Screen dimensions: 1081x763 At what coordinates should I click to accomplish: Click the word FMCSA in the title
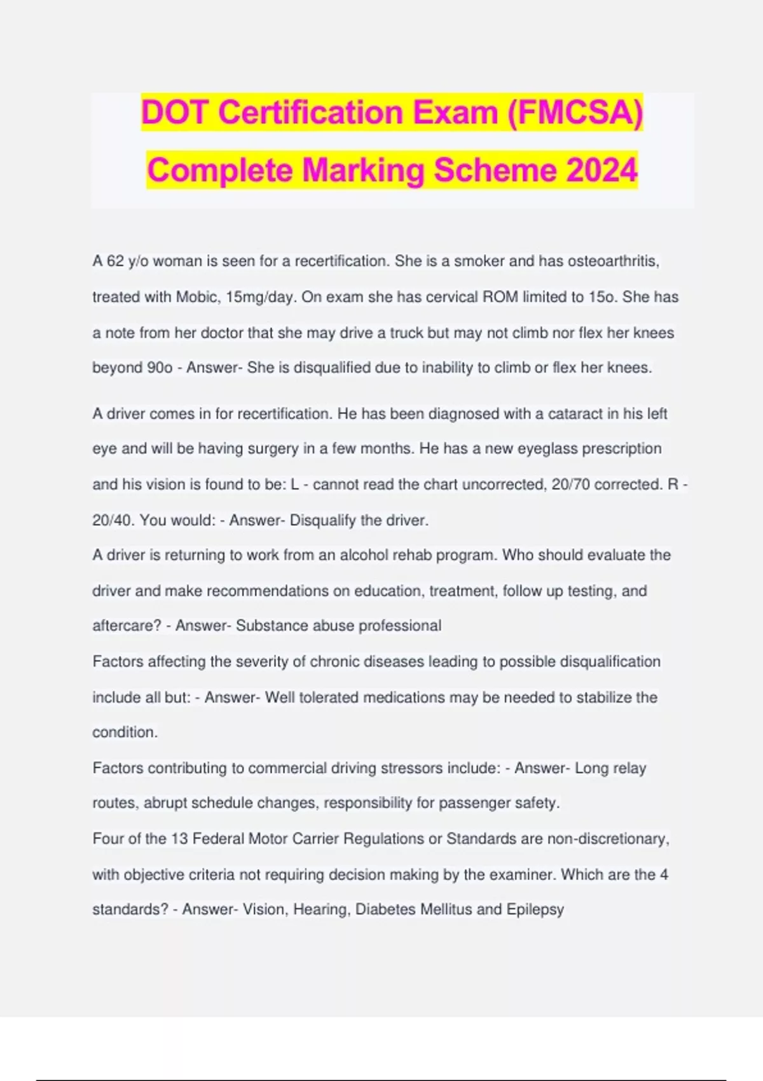pos(575,113)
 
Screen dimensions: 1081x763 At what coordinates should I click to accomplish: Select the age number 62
pos(115,261)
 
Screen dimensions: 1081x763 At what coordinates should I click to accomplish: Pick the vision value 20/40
pos(113,520)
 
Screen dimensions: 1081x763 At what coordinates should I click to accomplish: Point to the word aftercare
pos(126,626)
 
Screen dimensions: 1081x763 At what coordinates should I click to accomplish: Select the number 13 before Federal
pos(178,839)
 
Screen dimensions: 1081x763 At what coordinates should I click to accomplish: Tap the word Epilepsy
pos(535,909)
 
